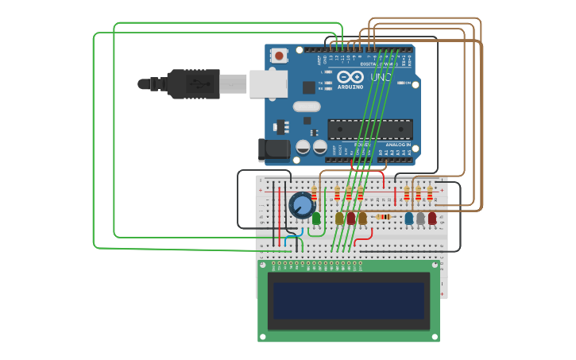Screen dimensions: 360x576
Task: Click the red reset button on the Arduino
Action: [279, 56]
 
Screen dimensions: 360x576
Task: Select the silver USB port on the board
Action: [268, 83]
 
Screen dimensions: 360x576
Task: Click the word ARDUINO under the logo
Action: [350, 87]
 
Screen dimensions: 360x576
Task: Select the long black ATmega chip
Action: [370, 128]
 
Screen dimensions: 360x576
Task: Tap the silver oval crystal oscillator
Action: [306, 106]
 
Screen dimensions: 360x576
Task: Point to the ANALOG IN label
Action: [398, 145]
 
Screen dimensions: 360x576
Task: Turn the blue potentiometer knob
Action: [302, 206]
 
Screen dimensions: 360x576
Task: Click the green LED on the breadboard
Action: [316, 218]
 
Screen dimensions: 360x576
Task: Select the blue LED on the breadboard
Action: [409, 218]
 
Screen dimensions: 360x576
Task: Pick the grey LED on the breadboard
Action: [420, 218]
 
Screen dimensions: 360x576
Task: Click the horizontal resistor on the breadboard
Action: [384, 216]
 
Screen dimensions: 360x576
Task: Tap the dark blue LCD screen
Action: [348, 300]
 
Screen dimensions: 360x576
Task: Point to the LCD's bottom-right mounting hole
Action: [432, 335]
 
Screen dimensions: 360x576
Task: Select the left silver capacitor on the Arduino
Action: [303, 147]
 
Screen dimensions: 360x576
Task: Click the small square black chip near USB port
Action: [308, 87]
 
